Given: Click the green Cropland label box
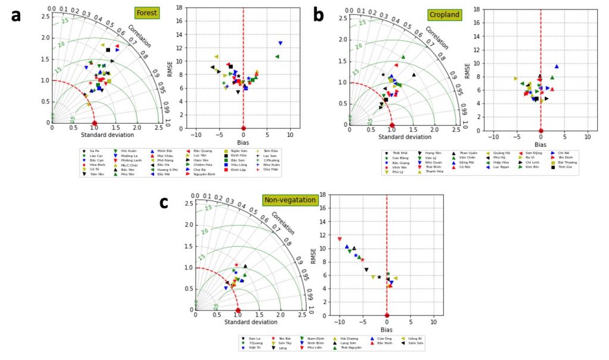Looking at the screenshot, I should (444, 14).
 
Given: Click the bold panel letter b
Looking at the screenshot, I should (318, 15).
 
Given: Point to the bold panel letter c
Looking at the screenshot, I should (164, 202).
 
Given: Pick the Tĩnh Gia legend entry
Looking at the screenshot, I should (563, 167).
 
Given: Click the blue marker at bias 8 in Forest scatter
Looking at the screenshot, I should (280, 43).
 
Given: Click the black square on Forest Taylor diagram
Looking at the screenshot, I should (108, 50).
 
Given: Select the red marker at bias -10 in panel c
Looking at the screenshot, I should (340, 239).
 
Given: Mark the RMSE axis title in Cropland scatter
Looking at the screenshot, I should (467, 69).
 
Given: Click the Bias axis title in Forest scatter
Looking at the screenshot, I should (243, 140).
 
